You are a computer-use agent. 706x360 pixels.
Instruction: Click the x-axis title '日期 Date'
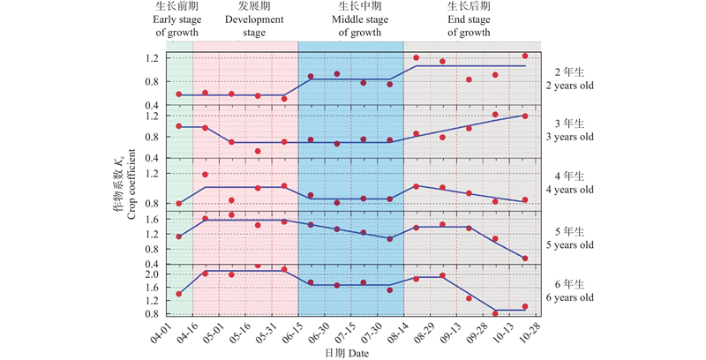[x=352, y=352]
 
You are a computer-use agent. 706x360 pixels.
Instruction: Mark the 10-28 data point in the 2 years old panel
[x=526, y=56]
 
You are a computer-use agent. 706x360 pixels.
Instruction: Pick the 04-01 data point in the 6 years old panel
[x=179, y=294]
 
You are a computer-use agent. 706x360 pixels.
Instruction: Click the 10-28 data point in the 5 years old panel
[x=526, y=259]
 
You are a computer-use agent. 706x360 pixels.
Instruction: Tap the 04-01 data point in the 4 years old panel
[x=179, y=204]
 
